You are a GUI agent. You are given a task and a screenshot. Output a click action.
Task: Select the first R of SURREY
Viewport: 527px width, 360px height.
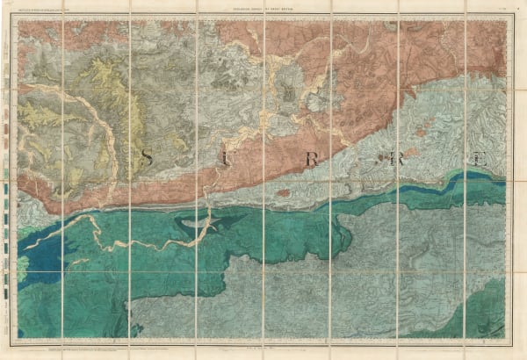coord(309,161)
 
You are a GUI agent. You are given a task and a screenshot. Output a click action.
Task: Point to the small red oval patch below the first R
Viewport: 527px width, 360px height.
coord(284,191)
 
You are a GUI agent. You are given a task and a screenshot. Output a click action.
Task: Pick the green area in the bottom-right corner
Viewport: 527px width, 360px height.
coord(492,320)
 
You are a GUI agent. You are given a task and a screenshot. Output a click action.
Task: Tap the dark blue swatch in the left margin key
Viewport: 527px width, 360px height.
coord(11,283)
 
